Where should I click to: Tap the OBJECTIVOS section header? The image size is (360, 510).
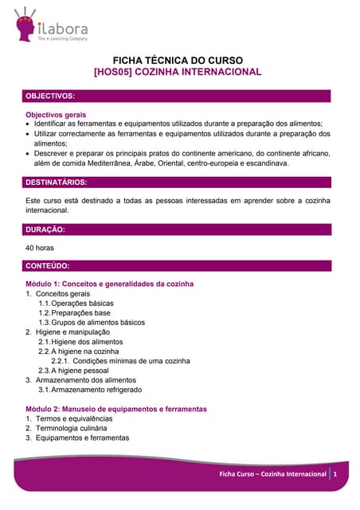51,96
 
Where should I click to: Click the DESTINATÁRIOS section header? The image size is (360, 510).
57,182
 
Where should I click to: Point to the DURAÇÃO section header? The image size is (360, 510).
45,229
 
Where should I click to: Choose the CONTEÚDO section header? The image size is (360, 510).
48,265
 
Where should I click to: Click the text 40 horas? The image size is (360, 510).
40,248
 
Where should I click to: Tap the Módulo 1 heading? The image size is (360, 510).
110,284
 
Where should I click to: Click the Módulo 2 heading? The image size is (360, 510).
116,409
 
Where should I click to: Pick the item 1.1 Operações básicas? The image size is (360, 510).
76,304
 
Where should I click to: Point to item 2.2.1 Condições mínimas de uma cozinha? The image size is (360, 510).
120,361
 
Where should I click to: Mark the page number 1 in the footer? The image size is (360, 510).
336,474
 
